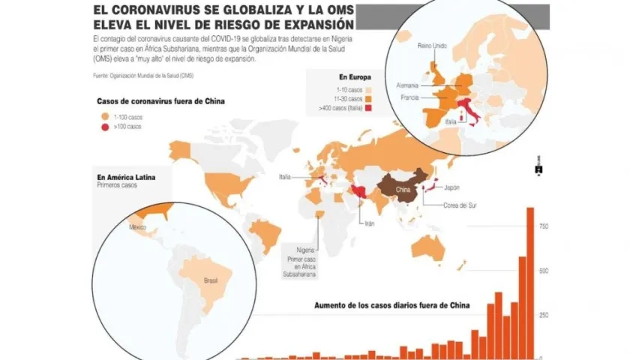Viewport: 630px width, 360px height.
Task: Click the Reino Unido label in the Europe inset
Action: click(x=432, y=46)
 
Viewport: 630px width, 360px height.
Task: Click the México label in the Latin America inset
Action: click(x=137, y=226)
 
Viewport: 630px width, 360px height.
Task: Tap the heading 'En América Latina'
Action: click(x=125, y=176)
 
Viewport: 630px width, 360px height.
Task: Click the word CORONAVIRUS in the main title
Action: click(x=154, y=11)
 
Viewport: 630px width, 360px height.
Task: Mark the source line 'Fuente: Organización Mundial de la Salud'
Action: click(x=143, y=76)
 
